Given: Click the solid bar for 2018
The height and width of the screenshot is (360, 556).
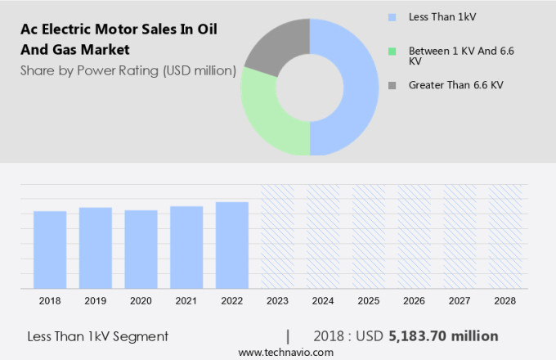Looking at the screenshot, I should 50,250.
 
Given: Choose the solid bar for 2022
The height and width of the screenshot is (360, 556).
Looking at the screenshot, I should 232,245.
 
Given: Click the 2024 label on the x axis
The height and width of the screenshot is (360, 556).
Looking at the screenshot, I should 323,301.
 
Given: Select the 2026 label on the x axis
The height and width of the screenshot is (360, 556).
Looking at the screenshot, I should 414,301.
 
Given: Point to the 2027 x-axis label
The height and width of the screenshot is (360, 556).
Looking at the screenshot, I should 460,301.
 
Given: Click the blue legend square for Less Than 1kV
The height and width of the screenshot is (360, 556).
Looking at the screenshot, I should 392,16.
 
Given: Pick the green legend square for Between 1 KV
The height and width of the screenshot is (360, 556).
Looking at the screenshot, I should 392,52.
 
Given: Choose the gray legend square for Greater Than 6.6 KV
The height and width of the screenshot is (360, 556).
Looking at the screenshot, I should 392,84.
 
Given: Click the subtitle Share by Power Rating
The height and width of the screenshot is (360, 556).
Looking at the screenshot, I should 128,70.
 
